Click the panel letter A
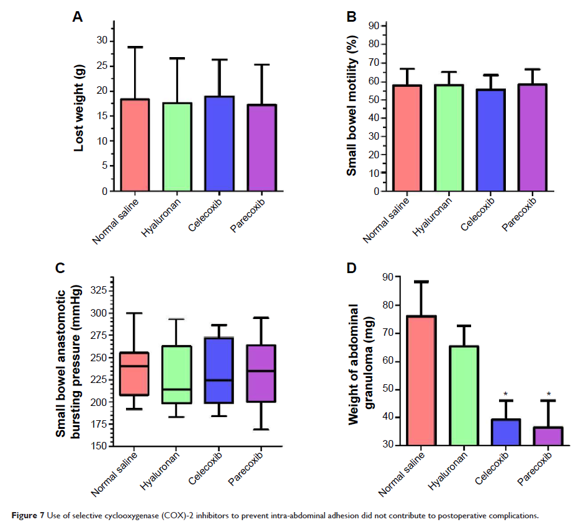click(78, 17)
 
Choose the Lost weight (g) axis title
click(79, 108)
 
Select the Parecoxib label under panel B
click(518, 214)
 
